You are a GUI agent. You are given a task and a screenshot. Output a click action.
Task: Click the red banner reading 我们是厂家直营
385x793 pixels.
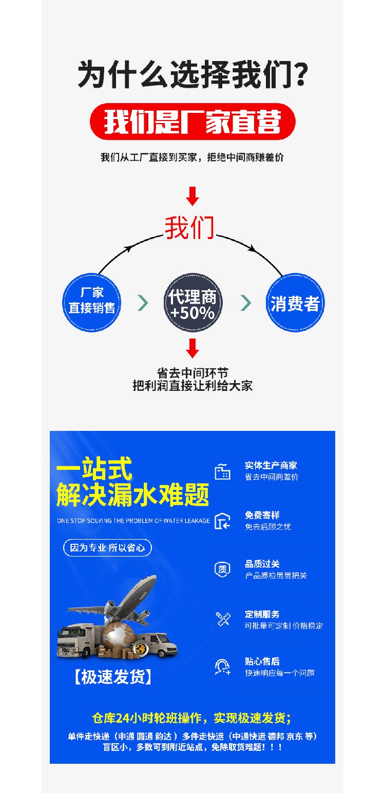(192, 122)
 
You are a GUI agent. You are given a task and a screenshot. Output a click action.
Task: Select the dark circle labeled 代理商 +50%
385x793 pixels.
(192, 303)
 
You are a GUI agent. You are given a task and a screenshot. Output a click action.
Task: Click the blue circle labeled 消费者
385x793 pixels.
(295, 303)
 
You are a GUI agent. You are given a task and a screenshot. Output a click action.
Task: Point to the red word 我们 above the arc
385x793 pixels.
(189, 228)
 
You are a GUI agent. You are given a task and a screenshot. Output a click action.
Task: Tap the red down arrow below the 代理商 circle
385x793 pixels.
(192, 348)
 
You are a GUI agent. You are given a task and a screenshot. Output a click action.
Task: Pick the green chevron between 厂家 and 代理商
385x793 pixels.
(143, 303)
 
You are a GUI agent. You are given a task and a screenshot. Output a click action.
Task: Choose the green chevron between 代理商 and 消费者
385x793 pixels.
(246, 303)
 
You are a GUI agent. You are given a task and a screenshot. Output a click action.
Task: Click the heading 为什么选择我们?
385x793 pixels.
(192, 74)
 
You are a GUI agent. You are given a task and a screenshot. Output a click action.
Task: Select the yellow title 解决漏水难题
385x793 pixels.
(132, 495)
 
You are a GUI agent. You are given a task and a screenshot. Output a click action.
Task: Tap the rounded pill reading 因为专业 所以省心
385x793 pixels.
(107, 547)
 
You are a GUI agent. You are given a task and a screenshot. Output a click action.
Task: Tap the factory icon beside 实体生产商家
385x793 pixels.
(222, 471)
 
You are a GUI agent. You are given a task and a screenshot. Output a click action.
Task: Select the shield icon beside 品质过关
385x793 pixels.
(222, 569)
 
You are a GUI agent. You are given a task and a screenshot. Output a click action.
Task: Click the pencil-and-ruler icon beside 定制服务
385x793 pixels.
(222, 619)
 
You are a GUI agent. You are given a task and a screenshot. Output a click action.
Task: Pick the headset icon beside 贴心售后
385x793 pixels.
(222, 667)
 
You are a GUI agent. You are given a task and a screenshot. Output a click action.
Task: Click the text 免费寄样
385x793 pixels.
(262, 515)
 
